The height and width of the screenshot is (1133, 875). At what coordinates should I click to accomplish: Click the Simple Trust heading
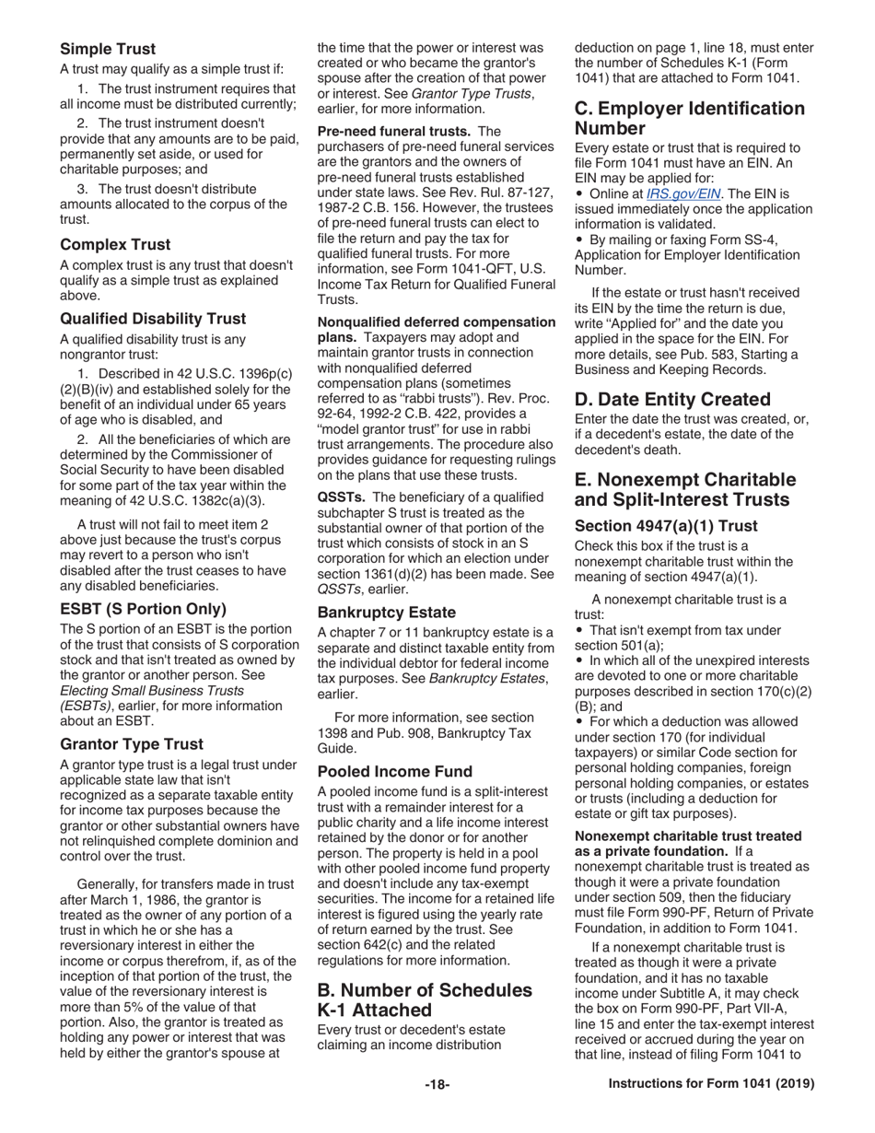click(108, 49)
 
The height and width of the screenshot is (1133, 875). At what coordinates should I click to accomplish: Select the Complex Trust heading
click(114, 245)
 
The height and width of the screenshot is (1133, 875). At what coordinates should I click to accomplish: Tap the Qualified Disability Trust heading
click(153, 319)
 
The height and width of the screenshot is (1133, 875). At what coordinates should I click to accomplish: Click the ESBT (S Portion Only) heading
click(143, 609)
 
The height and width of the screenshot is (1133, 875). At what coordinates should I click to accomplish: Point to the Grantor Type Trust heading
click(132, 743)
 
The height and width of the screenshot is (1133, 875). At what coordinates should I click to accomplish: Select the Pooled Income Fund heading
click(394, 771)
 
